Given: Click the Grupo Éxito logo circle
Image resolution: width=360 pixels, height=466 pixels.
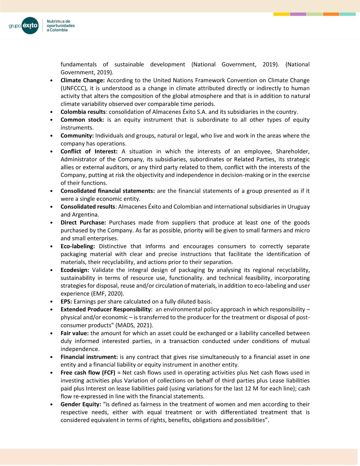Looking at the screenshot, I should pyautogui.click(x=30, y=25).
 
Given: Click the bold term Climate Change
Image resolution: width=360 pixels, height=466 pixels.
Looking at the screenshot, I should pyautogui.click(x=82, y=80).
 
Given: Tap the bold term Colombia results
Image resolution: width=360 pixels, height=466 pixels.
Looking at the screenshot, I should pyautogui.click(x=83, y=112).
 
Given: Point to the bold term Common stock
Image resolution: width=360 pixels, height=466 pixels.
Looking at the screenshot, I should pyautogui.click(x=82, y=120).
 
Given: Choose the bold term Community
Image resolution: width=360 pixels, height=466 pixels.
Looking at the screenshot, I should pyautogui.click(x=77, y=136).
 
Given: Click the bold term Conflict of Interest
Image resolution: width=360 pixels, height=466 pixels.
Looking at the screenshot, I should pyautogui.click(x=89, y=152).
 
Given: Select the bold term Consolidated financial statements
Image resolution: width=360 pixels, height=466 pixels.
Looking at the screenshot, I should pyautogui.click(x=107, y=191).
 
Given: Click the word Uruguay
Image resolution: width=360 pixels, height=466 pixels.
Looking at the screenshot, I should pyautogui.click(x=298, y=207).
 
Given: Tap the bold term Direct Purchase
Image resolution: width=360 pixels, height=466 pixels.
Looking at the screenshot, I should pyautogui.click(x=83, y=223).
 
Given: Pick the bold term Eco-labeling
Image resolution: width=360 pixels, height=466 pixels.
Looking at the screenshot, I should pyautogui.click(x=78, y=246).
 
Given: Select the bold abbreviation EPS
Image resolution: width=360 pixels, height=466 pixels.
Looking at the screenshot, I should pyautogui.click(x=66, y=302).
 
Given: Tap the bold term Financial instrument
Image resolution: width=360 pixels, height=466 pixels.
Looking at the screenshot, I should pyautogui.click(x=89, y=357).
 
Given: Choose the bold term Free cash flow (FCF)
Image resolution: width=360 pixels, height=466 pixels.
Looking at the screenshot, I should pyautogui.click(x=88, y=373).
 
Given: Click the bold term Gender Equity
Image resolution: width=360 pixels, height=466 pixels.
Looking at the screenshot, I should pyautogui.click(x=81, y=404).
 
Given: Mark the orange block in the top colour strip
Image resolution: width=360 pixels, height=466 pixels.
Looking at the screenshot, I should pyautogui.click(x=331, y=14).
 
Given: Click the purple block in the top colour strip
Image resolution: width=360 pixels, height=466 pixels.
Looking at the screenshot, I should pyautogui.click(x=298, y=14).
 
